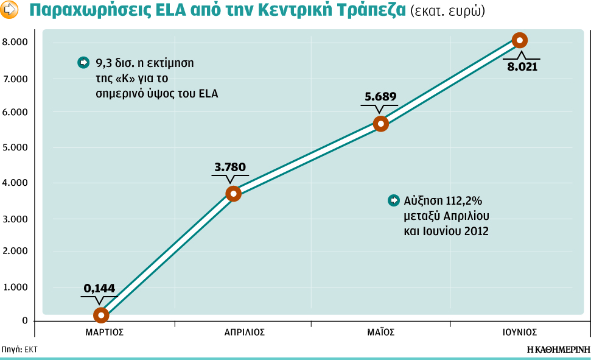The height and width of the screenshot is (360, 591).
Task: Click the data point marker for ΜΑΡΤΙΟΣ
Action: coord(101,315)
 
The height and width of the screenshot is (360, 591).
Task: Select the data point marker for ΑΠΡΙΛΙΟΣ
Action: coord(233,194)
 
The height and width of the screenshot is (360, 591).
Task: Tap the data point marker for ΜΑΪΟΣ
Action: coord(381,124)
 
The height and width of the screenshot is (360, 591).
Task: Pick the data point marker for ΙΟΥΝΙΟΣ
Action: coord(519,40)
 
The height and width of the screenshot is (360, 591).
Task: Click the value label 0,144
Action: coord(99,289)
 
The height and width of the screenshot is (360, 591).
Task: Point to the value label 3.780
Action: coord(231,166)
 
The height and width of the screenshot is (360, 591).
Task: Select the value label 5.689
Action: coord(380,96)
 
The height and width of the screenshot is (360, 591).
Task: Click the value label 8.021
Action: coord(522,66)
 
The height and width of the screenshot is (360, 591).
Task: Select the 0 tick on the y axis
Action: coord(24,321)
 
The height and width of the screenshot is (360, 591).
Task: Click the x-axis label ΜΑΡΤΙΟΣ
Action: coord(105,333)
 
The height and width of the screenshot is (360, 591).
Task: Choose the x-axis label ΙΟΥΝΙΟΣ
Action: coord(519,333)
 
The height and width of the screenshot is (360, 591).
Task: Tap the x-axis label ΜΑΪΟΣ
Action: coord(381,333)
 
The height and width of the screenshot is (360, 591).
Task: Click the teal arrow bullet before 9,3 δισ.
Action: coord(83,62)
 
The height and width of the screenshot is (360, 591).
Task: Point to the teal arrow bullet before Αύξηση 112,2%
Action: coord(394,200)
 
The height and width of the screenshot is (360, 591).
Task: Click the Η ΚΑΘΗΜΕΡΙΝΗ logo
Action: coord(558,350)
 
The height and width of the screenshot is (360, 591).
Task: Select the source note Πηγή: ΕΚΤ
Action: coord(20,350)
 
